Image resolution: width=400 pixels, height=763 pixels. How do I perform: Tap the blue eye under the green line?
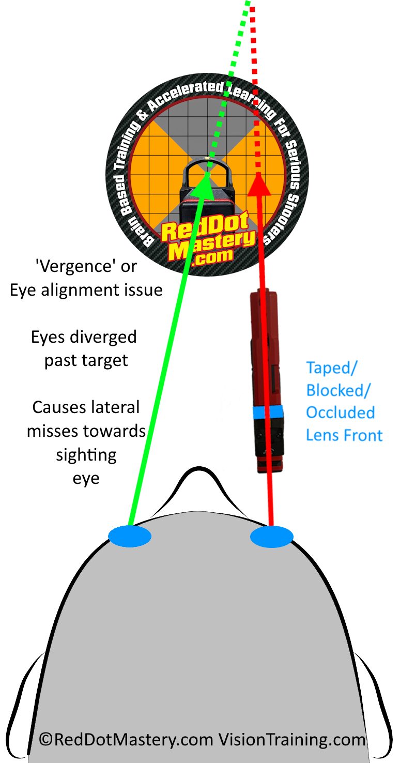(x=130, y=536)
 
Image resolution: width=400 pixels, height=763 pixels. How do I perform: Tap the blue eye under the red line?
(x=272, y=537)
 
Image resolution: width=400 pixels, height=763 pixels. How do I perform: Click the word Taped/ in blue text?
(x=332, y=368)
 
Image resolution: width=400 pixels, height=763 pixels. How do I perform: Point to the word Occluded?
(x=340, y=413)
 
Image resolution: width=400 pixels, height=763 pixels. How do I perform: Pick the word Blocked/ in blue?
(x=339, y=390)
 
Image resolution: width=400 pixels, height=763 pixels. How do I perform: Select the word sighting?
(x=86, y=455)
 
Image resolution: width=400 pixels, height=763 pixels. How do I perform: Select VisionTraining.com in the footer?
(x=291, y=740)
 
